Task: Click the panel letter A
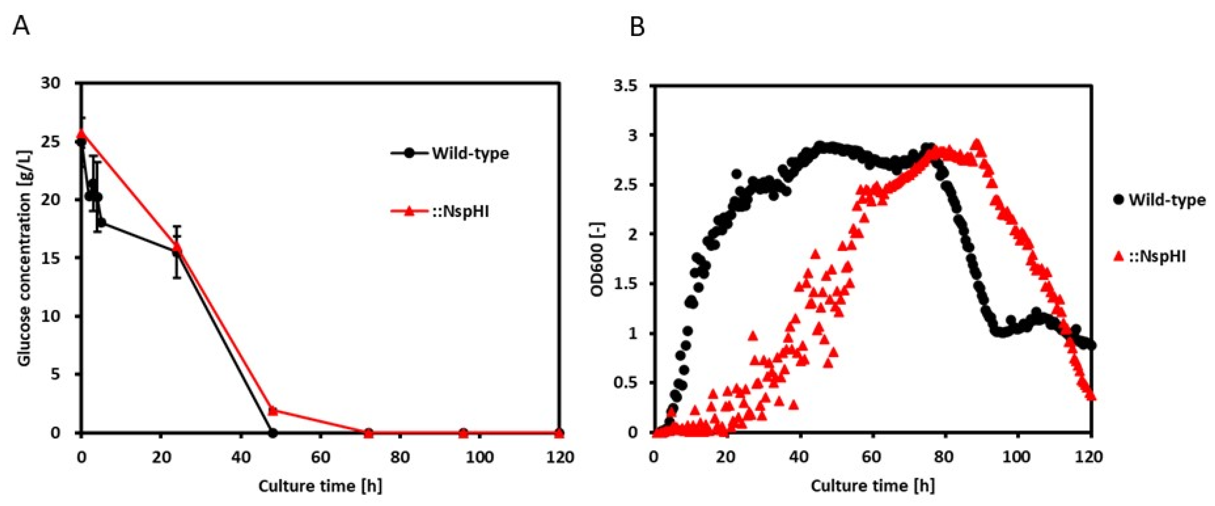[x=21, y=26]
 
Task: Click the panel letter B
[x=637, y=28]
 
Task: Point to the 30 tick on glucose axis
[x=51, y=83]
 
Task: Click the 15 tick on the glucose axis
[x=51, y=258]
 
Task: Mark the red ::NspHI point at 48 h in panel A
[x=273, y=410]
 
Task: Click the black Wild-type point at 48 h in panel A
[x=272, y=432]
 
